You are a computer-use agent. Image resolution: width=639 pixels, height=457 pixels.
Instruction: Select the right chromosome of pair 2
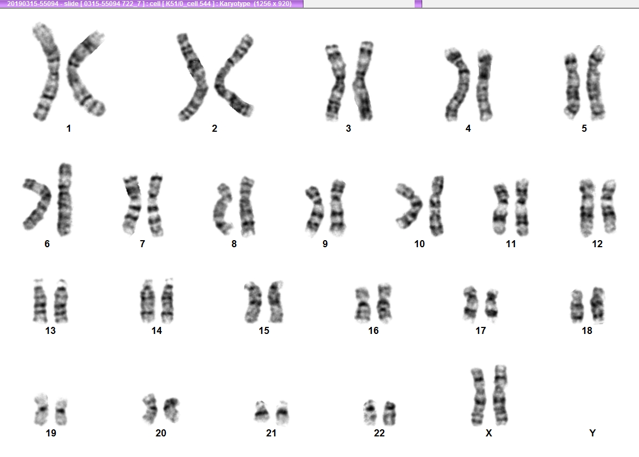pos(228,81)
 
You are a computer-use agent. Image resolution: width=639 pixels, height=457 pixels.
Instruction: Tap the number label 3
pos(348,128)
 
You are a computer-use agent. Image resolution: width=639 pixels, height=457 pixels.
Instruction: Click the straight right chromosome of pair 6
pos(64,199)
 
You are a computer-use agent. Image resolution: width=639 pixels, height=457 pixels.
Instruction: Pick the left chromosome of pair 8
pos(221,209)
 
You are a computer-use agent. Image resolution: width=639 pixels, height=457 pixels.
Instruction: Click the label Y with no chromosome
pos(592,433)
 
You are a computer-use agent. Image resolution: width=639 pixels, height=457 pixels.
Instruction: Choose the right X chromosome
pos(500,395)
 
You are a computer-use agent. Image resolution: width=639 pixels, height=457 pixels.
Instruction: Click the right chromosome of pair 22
pos(390,413)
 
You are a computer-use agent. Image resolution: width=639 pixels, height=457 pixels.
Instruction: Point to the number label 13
pos(50,330)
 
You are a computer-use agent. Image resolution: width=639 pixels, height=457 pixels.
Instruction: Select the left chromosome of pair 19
pos(41,409)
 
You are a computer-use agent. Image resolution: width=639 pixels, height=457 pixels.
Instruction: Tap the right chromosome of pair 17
pos(492,304)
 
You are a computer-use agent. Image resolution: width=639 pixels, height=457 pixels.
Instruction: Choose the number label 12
pos(597,244)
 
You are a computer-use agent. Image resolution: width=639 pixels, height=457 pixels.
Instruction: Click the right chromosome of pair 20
pos(172,409)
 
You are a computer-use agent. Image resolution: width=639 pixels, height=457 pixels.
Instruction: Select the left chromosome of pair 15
pos(254,302)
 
